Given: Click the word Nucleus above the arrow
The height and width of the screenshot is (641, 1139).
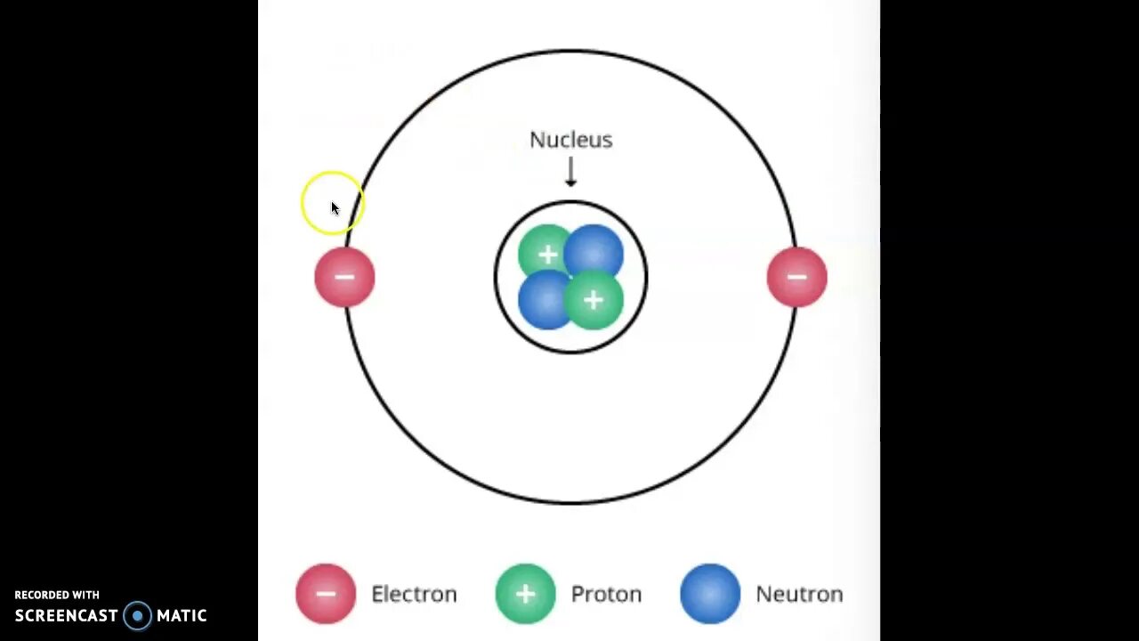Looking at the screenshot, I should (x=570, y=140).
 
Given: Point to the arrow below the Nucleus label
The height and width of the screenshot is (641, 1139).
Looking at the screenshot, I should (x=570, y=172).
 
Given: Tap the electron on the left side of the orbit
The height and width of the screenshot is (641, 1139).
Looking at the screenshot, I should (x=345, y=278).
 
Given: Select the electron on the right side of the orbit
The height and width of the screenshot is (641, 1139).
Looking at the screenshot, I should (x=796, y=278).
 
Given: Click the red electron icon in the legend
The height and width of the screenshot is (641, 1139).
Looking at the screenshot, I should (x=326, y=594).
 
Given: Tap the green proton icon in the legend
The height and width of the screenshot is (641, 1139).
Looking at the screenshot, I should (x=525, y=594).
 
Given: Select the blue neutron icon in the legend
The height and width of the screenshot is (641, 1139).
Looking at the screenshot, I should (x=710, y=594).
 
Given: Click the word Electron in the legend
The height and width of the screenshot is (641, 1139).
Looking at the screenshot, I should (x=414, y=594).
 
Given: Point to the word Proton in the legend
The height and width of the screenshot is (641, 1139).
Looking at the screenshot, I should (x=606, y=594).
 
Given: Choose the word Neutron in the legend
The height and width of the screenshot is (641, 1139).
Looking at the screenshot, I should (x=799, y=594).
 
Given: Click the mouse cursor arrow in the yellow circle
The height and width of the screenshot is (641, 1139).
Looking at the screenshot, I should (x=335, y=208).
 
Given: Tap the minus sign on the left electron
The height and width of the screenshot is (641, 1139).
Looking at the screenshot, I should (x=345, y=277).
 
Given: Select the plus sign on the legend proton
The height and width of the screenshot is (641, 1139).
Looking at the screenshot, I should (x=525, y=594).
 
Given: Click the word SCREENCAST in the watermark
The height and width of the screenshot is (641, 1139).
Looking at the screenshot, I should (x=67, y=615).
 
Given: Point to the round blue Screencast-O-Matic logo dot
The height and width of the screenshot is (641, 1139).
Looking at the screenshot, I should (x=138, y=615).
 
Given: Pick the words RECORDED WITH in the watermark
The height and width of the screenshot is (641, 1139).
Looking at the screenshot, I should (x=57, y=595).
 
